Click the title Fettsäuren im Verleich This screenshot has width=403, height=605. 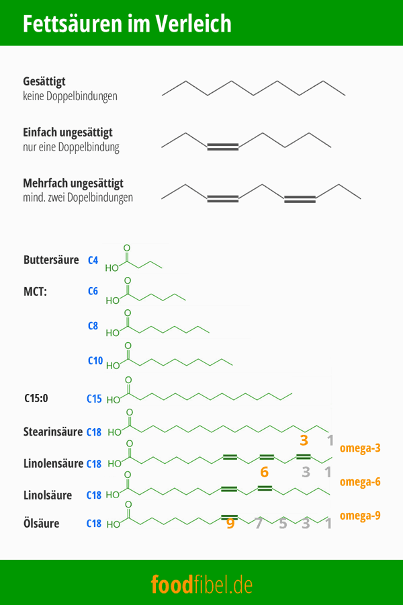(x=127, y=24)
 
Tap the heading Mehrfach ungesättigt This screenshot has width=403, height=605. (x=73, y=183)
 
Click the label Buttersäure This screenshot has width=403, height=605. (x=51, y=259)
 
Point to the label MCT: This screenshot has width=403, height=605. (x=37, y=292)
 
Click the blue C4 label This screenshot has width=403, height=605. (x=93, y=259)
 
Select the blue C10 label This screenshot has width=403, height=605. (x=95, y=361)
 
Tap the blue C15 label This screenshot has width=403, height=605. (x=94, y=399)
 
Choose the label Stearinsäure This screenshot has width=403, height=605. (x=53, y=432)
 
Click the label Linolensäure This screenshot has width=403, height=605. (x=53, y=463)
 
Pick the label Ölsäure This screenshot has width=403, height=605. (x=41, y=523)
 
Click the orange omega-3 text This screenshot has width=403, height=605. (x=361, y=448)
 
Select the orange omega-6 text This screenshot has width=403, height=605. (x=361, y=481)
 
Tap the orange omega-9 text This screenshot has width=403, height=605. (x=361, y=516)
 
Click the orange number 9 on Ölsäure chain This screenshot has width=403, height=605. (x=230, y=523)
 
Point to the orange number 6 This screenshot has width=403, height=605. (x=264, y=472)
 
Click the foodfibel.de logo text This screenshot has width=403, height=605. (x=201, y=583)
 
